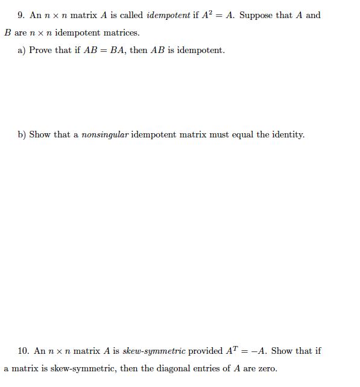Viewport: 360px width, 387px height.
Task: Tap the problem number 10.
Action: (x=24, y=350)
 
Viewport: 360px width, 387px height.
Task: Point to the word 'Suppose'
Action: (x=256, y=15)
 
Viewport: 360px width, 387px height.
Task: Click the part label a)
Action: (x=21, y=50)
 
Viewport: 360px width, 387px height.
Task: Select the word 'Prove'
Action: (x=41, y=50)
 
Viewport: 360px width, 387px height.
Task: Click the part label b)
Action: (x=22, y=134)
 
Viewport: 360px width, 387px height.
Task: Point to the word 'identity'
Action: (x=288, y=134)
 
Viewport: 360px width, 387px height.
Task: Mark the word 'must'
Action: (x=216, y=134)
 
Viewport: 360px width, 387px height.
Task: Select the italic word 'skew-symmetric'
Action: (x=154, y=350)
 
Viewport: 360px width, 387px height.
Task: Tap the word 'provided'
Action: (x=206, y=350)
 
